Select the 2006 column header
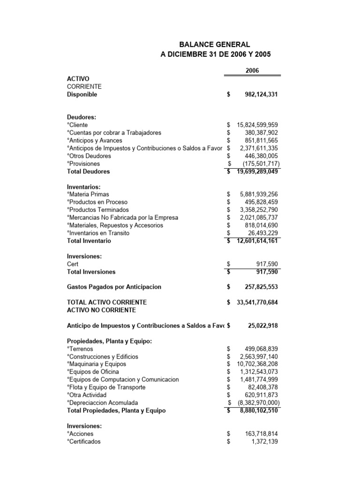click(252, 70)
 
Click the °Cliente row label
click(77, 125)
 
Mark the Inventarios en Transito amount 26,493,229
click(262, 233)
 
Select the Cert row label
click(73, 264)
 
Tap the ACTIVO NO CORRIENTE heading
click(101, 310)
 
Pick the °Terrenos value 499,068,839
click(261, 349)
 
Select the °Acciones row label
click(80, 434)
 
